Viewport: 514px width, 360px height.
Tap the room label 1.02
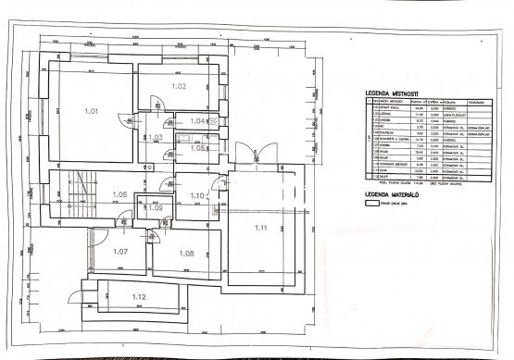[180, 86]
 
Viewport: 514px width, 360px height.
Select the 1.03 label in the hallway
[156, 138]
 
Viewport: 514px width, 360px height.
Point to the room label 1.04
[196, 121]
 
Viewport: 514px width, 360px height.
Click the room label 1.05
[197, 148]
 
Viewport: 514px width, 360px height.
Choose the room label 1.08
[185, 253]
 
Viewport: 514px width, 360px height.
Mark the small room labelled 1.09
[155, 207]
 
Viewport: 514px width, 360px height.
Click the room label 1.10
[196, 195]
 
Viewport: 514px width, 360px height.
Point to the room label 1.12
[139, 296]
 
